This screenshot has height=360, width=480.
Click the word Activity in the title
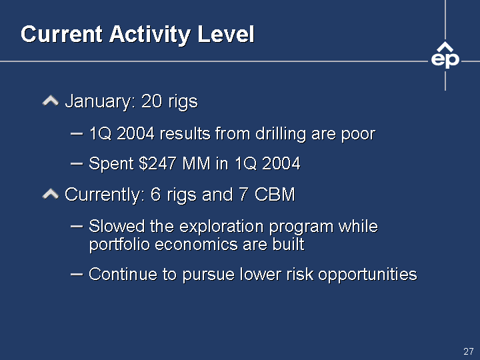[150, 35]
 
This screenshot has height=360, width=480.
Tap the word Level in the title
[226, 33]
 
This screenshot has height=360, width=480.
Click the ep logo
[445, 55]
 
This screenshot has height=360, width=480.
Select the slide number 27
[469, 351]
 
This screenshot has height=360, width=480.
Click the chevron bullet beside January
[51, 101]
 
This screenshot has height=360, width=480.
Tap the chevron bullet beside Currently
[51, 194]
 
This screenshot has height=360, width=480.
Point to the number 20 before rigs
[151, 101]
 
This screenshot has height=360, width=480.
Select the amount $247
[157, 163]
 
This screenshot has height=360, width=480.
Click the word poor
[358, 135]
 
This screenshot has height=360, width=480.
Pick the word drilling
[281, 134]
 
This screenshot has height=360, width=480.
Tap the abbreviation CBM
[275, 194]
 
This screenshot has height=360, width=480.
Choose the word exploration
[221, 227]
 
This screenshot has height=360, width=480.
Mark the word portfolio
[120, 245]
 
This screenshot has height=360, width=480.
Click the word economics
[196, 245]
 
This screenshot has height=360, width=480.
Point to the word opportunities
[367, 275]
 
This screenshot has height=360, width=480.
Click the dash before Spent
[77, 164]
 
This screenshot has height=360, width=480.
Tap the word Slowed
[117, 226]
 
